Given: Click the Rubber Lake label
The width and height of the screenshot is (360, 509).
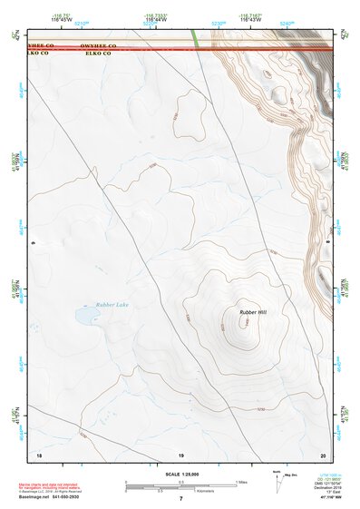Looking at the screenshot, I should [x=112, y=305].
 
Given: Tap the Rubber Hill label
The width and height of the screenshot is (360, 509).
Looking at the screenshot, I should [x=253, y=312].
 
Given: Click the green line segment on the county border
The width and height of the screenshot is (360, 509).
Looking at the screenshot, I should [x=196, y=40].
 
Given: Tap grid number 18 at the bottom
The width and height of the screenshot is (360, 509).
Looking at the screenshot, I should [x=38, y=454].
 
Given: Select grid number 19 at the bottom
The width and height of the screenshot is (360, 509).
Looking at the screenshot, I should [x=180, y=454].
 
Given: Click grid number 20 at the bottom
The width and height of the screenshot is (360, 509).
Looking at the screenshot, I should [x=323, y=454].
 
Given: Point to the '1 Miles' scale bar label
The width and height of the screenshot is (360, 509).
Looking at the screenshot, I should [x=241, y=482].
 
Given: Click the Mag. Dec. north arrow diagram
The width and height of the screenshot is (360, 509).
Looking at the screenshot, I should [x=279, y=481].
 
